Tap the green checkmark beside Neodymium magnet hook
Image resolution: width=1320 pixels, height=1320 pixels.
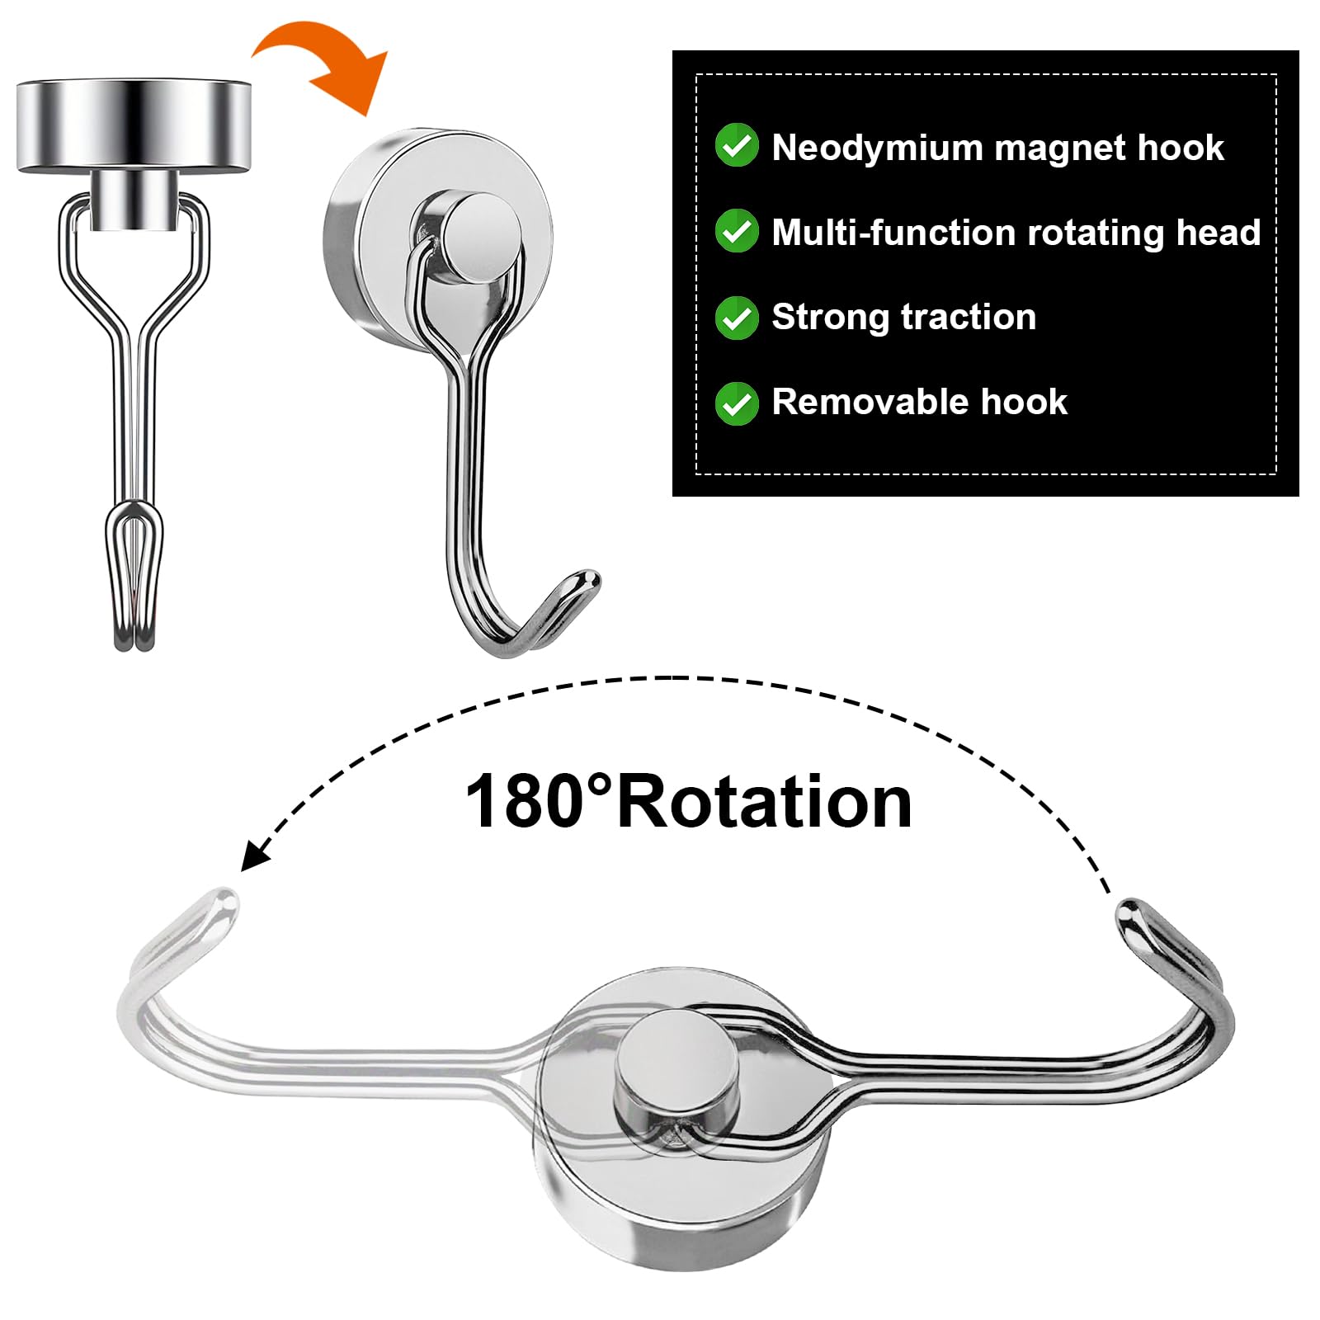pos(736,146)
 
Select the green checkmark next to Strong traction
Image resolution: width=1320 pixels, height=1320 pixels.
pos(736,318)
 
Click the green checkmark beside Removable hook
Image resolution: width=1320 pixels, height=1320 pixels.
pos(736,403)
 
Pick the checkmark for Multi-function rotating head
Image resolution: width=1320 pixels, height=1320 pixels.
pos(736,231)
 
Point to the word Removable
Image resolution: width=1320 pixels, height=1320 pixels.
pos(870,403)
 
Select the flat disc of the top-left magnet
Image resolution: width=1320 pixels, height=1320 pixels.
pos(133,126)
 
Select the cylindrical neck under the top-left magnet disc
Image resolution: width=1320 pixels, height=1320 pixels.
pos(133,200)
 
